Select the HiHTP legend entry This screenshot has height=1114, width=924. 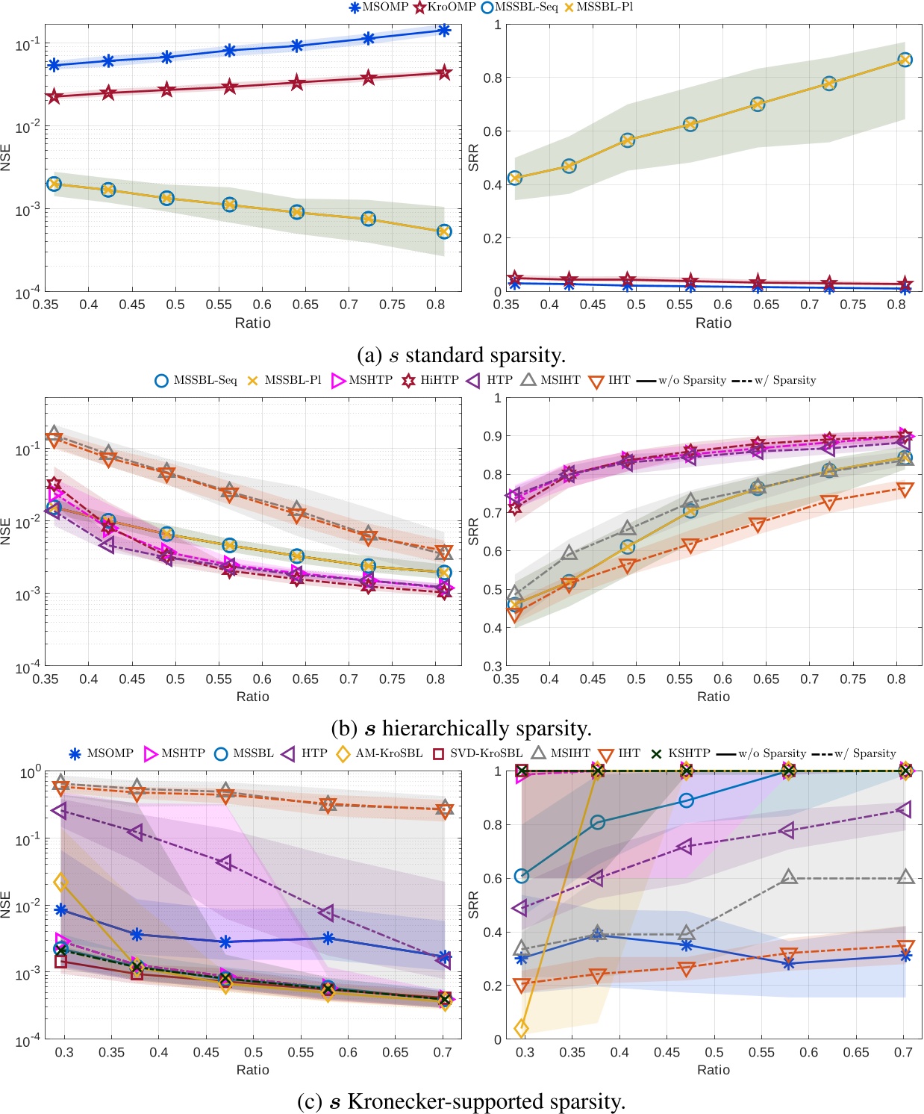tap(431, 380)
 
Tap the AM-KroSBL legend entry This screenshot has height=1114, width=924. tap(381, 753)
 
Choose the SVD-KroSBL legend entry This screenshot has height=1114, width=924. tap(478, 753)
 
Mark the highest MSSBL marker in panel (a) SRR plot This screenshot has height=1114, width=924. tap(905, 60)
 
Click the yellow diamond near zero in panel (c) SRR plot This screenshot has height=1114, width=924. tap(522, 1028)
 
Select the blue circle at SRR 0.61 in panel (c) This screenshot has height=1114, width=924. tap(522, 876)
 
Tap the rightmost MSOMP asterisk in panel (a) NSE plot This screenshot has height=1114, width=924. tap(444, 31)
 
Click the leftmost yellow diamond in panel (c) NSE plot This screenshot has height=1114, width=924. tap(61, 883)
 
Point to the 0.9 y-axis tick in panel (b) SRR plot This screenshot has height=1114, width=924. tap(493, 436)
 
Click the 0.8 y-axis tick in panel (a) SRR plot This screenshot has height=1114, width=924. tap(493, 78)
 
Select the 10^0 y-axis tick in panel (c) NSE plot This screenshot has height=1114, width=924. tap(31, 773)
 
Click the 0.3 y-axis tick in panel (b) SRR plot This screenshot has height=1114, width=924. tap(493, 666)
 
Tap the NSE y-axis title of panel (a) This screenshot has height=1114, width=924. tap(7, 158)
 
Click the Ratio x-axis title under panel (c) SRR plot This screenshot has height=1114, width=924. tap(713, 1070)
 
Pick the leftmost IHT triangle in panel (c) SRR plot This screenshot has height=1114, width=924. tap(522, 986)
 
